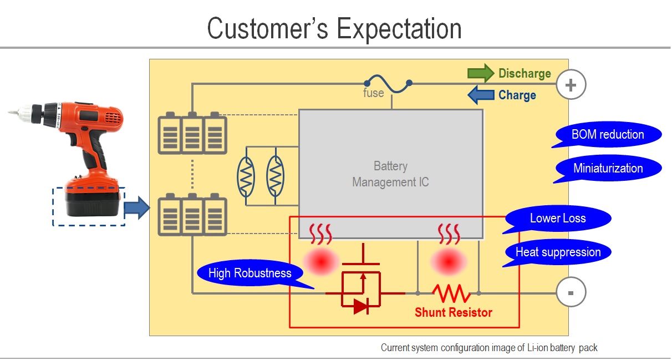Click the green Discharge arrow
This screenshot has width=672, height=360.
coord(481,73)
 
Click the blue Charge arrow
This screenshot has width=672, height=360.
coord(481,95)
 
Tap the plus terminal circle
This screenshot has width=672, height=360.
coord(571,84)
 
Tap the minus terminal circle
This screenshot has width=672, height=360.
coord(571,292)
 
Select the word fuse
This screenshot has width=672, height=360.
coord(374,93)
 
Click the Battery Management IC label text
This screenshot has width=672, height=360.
coord(390,174)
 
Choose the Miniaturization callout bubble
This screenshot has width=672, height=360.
coord(608,169)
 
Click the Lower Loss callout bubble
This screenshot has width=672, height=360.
coord(557,219)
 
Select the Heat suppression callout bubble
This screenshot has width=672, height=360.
coord(557,252)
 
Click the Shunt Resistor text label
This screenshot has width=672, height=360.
coord(454,312)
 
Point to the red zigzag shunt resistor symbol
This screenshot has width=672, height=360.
coord(451,293)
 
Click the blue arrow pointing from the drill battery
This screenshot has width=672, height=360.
coord(137,208)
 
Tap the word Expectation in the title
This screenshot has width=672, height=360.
coord(399,29)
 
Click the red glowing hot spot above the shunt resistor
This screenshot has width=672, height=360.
coord(448,261)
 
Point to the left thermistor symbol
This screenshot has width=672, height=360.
coord(246,176)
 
